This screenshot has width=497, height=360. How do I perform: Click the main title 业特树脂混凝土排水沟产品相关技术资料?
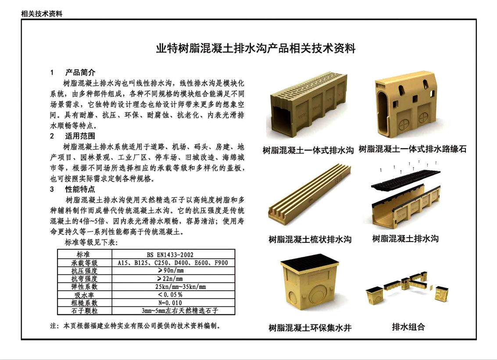(256, 48)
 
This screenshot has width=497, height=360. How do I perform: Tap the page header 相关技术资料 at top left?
(42, 14)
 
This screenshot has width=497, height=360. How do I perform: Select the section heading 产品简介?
(80, 72)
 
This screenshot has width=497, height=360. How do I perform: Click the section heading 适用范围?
(80, 136)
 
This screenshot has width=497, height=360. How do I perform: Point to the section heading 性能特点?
(80, 189)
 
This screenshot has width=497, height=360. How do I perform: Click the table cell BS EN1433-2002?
(173, 255)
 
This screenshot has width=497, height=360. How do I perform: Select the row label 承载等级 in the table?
(84, 263)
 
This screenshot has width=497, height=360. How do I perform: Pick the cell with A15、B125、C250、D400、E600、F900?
(173, 263)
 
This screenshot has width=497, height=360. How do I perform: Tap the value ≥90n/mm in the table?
(173, 271)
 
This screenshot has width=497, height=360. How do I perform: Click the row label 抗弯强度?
(84, 278)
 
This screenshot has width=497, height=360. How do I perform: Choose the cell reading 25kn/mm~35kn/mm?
(173, 287)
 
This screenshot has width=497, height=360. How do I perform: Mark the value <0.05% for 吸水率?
(173, 295)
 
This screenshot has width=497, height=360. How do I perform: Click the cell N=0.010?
(173, 303)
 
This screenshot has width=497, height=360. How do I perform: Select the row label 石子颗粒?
(84, 310)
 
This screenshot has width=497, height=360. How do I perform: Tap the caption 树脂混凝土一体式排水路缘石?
(412, 150)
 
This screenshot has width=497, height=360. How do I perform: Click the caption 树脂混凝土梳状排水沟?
(310, 239)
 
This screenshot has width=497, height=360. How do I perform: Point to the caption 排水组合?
(408, 327)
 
